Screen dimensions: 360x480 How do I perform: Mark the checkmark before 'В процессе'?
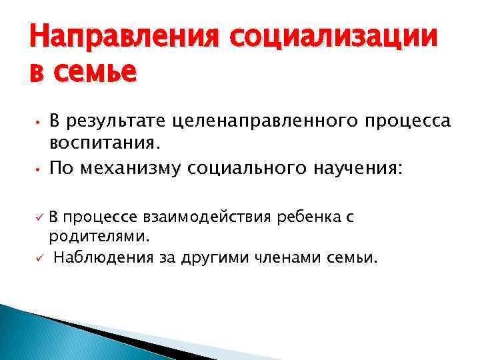pos(40,217)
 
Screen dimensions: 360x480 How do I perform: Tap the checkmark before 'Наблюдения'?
pos(40,257)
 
